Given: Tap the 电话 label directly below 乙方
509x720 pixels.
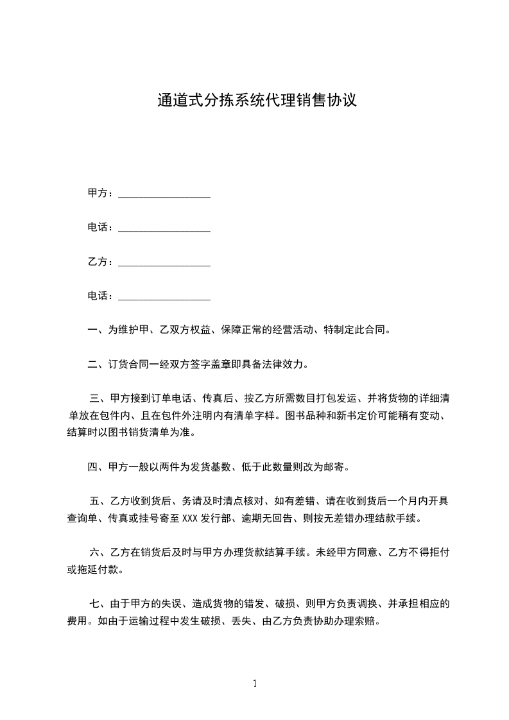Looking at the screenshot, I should coord(100,296).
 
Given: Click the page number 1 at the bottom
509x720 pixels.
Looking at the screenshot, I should coord(255,683).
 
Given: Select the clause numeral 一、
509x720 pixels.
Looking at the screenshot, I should coord(98,330).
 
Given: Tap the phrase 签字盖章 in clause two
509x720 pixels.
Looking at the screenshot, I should coord(213,365).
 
